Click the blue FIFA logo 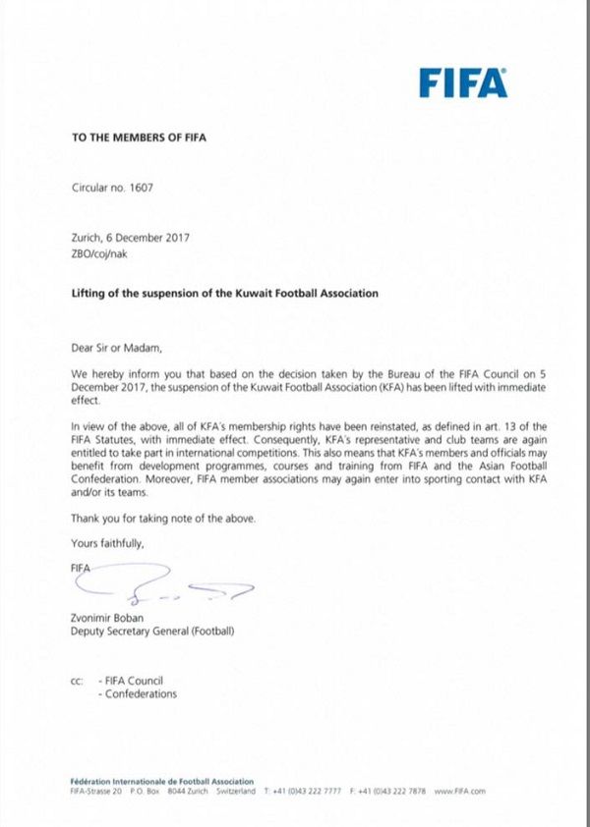(463, 83)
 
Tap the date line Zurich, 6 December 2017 (130, 237)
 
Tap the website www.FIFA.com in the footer (460, 791)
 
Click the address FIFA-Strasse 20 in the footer (95, 791)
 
